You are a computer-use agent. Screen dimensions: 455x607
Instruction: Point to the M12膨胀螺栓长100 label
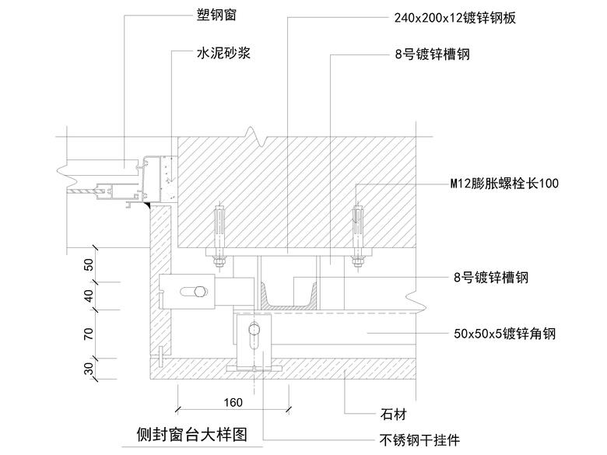[x=503, y=184]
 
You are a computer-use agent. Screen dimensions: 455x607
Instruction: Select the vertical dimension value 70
[x=89, y=334]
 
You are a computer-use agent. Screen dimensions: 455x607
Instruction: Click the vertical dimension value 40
[x=89, y=296]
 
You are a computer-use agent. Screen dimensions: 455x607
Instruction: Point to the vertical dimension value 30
[x=89, y=366]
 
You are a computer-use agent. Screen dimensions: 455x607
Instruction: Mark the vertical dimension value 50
[x=89, y=264]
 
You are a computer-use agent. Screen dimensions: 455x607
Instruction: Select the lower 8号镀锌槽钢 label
[x=492, y=277]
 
